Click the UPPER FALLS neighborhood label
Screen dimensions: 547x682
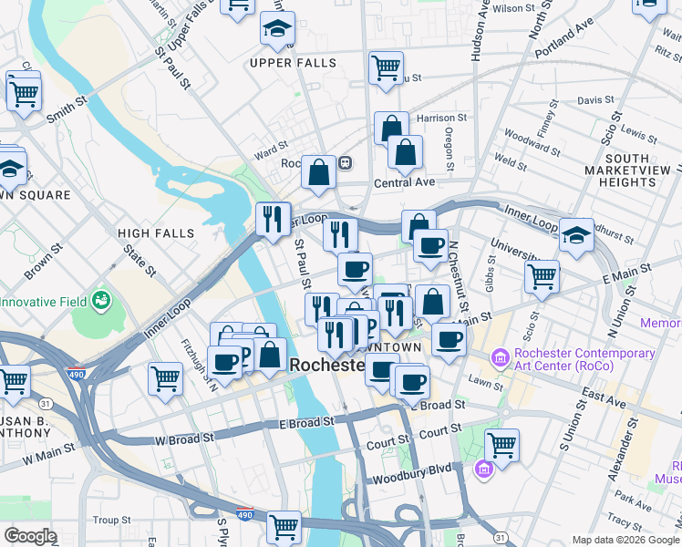[x=294, y=64]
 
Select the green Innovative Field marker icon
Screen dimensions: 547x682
[x=101, y=300]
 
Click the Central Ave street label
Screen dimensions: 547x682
[x=405, y=182]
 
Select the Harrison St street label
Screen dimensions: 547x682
[x=441, y=119]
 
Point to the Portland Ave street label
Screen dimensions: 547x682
[x=564, y=50]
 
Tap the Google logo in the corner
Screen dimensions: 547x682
[x=30, y=536]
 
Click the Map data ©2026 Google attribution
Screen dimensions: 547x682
[x=625, y=540]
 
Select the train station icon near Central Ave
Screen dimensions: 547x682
[x=346, y=163]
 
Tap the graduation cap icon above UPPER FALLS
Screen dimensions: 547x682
[x=277, y=30]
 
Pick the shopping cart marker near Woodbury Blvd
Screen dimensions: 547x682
[x=501, y=445]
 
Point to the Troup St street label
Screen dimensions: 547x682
[x=112, y=520]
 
